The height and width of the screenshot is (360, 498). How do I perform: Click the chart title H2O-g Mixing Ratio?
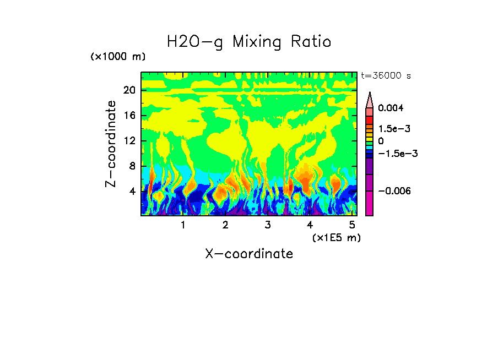249,42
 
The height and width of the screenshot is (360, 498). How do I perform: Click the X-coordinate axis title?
249,254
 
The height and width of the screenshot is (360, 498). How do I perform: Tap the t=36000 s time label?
386,75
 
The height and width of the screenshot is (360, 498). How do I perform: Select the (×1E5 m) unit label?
336,237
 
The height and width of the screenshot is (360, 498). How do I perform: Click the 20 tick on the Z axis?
129,91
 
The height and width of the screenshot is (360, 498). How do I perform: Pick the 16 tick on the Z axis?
129,116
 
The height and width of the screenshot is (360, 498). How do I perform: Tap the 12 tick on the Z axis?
129,141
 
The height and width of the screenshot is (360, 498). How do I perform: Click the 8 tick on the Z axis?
132,166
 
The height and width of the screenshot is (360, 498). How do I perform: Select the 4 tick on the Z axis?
132,192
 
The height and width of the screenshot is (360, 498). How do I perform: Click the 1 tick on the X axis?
183,225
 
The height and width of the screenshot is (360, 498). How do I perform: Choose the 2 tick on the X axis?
225,225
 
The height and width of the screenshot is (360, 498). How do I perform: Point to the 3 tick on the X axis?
268,225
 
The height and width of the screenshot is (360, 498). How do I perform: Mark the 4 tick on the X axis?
310,225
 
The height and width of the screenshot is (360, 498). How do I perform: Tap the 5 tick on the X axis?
353,225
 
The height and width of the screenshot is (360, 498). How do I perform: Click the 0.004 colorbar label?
391,108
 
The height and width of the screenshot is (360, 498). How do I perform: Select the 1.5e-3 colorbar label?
394,129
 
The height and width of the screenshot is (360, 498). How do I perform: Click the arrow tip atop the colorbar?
370,95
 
